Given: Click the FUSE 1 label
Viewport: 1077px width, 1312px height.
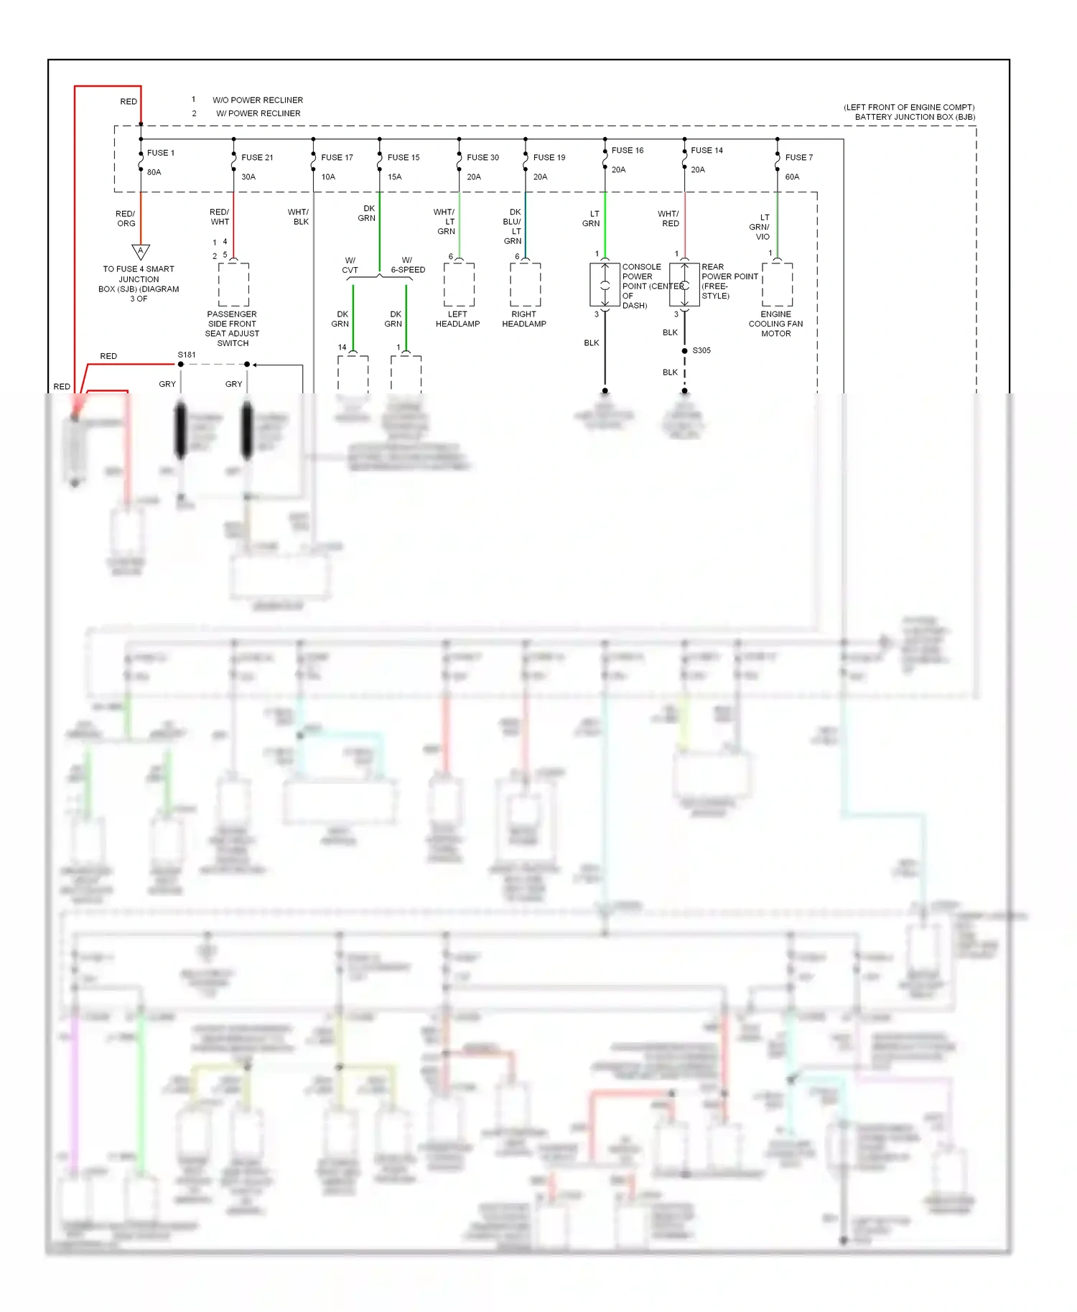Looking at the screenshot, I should click(x=160, y=153).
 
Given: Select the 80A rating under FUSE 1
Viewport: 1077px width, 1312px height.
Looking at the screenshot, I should click(x=154, y=172).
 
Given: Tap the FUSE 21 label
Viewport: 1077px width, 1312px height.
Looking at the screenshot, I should click(x=257, y=157).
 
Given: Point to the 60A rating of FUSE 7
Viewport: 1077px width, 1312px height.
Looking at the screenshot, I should click(x=792, y=177).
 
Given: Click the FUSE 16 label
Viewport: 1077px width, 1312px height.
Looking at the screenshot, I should click(x=628, y=150).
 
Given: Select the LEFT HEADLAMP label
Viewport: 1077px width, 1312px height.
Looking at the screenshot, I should click(x=457, y=319).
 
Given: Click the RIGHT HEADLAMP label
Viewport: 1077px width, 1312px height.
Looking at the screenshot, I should click(x=523, y=319).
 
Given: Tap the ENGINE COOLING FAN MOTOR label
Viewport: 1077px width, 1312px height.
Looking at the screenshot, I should click(x=775, y=324).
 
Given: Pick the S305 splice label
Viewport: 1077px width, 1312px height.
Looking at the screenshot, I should click(x=701, y=350).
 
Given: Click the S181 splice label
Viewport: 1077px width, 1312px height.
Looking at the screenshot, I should click(x=187, y=355).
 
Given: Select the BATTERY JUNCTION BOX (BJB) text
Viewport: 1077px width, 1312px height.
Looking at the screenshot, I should click(x=914, y=117).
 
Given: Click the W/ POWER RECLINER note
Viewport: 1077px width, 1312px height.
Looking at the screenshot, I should click(x=258, y=113).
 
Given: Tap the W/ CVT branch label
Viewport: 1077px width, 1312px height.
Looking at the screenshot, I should click(x=350, y=266).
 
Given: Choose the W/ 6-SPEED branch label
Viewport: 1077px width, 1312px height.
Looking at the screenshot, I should click(x=408, y=266).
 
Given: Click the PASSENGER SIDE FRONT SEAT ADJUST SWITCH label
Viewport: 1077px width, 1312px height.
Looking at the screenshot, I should click(x=232, y=329).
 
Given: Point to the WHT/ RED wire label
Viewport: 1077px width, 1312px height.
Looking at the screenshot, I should click(x=668, y=219).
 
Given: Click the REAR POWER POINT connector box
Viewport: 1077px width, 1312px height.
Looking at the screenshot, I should click(x=684, y=285).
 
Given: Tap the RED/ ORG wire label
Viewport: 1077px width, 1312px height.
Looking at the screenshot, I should click(x=126, y=219).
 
